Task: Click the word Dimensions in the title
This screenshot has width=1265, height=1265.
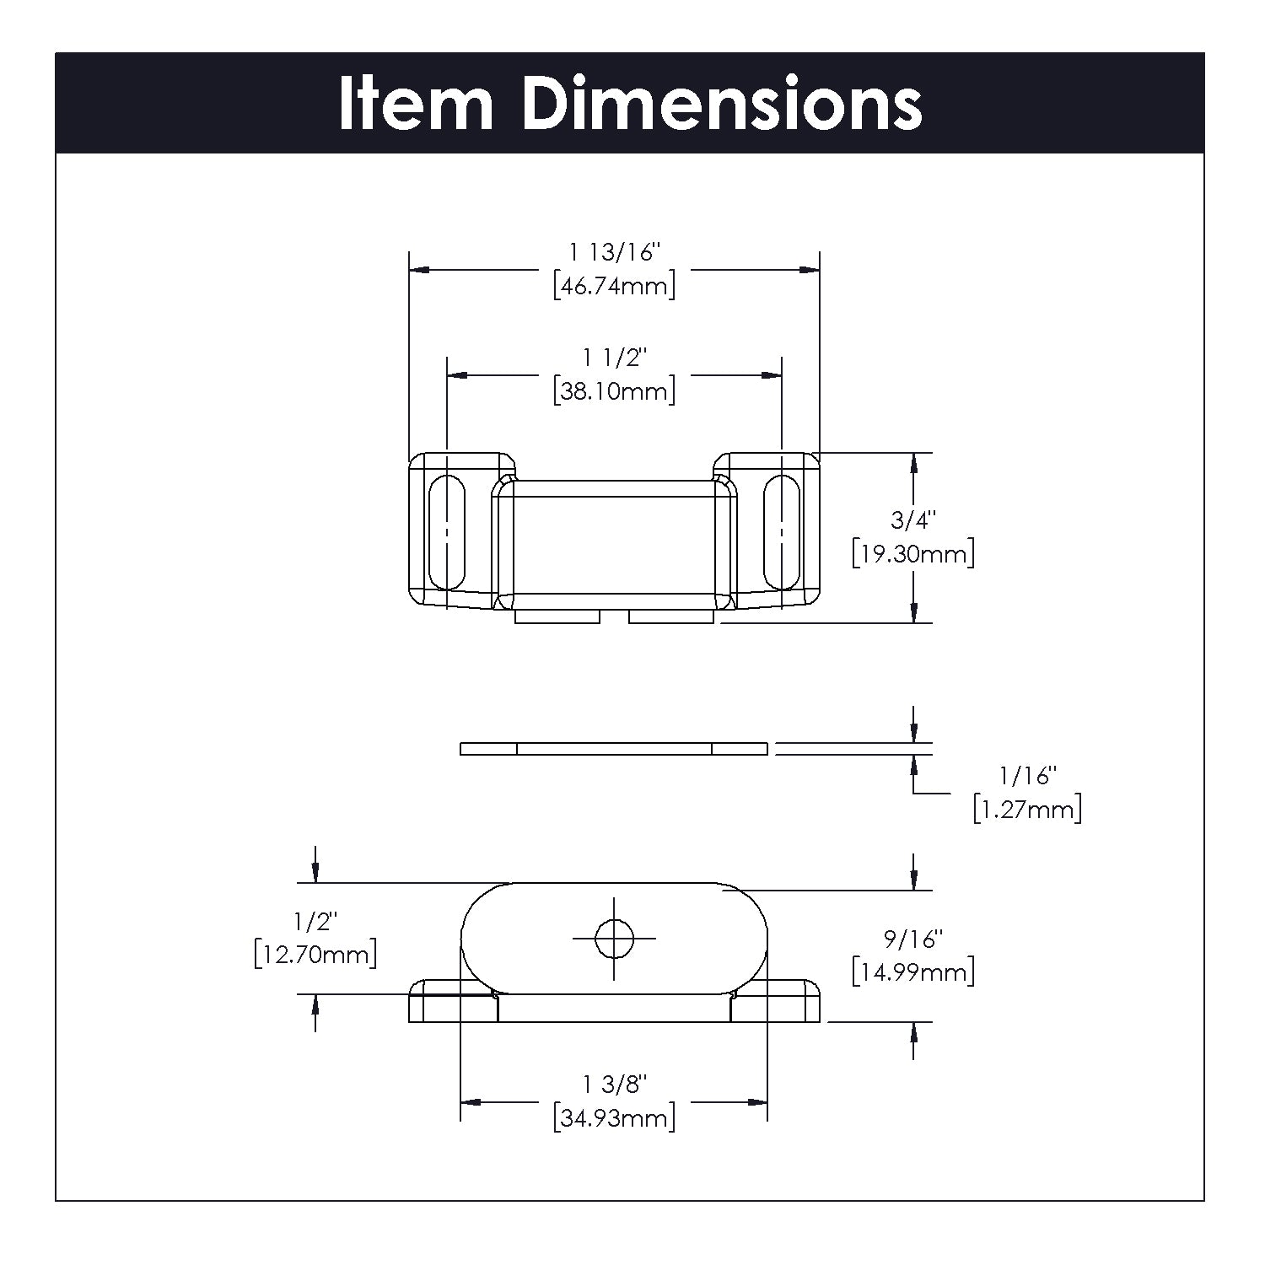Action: [722, 105]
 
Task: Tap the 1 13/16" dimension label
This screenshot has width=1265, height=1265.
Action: [614, 252]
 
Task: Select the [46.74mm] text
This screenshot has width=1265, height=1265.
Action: [615, 286]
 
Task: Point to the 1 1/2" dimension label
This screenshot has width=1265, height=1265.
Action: [614, 358]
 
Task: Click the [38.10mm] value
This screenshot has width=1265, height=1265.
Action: [615, 391]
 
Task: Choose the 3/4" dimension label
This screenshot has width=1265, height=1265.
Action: [913, 520]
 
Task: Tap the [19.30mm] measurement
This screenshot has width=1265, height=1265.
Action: [913, 554]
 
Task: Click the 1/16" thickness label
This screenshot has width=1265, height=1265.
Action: [1027, 775]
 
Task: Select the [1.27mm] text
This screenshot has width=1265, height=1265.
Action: [1027, 810]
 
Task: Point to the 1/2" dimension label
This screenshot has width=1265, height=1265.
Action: [315, 921]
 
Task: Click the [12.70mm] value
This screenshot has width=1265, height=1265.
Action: [315, 955]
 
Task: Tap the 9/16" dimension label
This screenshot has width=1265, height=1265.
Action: [913, 938]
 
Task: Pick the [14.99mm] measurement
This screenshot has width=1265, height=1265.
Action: [913, 972]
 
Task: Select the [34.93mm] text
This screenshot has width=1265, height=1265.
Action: [615, 1119]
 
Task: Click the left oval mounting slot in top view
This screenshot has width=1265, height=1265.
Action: [446, 532]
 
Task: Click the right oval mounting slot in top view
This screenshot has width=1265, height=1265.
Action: [782, 532]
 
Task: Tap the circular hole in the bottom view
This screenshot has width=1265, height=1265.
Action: [614, 938]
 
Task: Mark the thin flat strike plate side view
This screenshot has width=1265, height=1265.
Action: [614, 748]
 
